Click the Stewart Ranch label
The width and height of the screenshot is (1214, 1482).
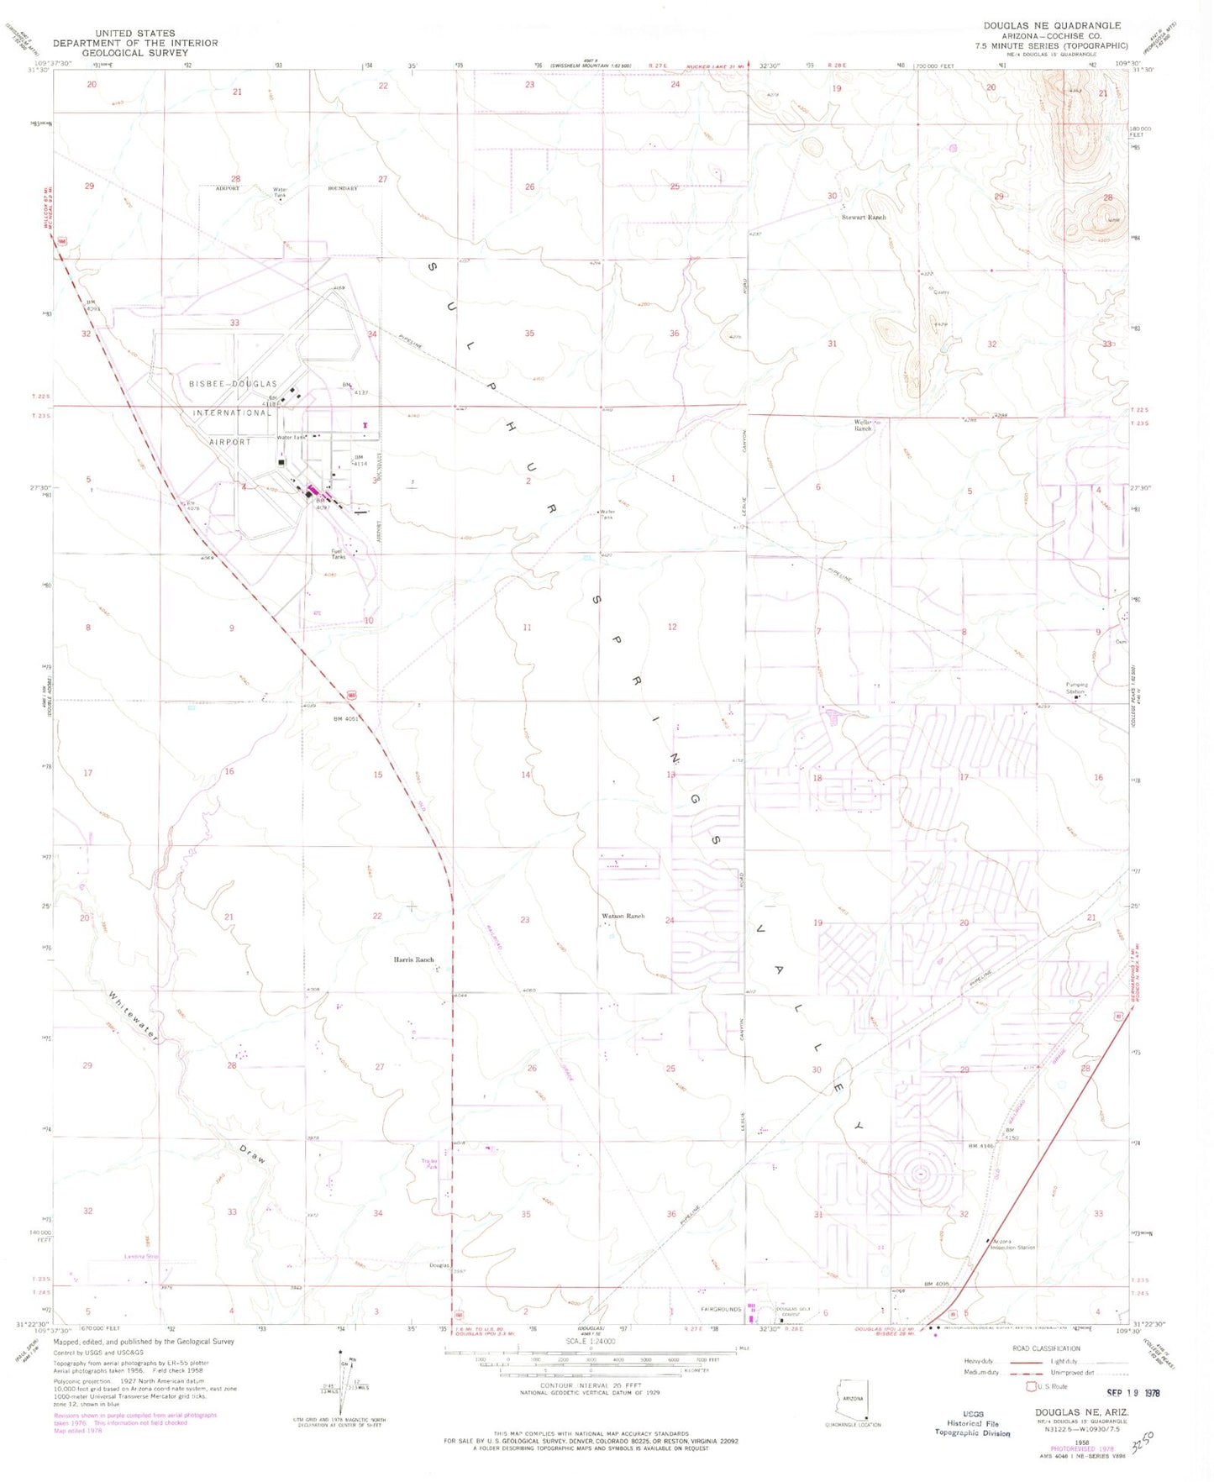[x=864, y=218]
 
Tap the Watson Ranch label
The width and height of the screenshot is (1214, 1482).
[x=623, y=916]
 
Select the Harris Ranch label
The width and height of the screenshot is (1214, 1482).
[x=414, y=959]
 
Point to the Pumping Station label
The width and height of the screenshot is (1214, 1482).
[x=1076, y=688]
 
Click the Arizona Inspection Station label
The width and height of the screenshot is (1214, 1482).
[x=1013, y=1244]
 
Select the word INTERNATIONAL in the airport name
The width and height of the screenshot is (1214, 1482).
[x=232, y=413]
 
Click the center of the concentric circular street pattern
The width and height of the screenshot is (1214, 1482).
[x=921, y=1174]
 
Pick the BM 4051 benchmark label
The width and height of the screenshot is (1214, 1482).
[x=346, y=719]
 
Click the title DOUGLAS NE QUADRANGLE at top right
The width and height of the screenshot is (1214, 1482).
[x=1052, y=26]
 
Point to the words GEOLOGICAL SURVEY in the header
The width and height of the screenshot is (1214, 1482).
[x=135, y=53]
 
